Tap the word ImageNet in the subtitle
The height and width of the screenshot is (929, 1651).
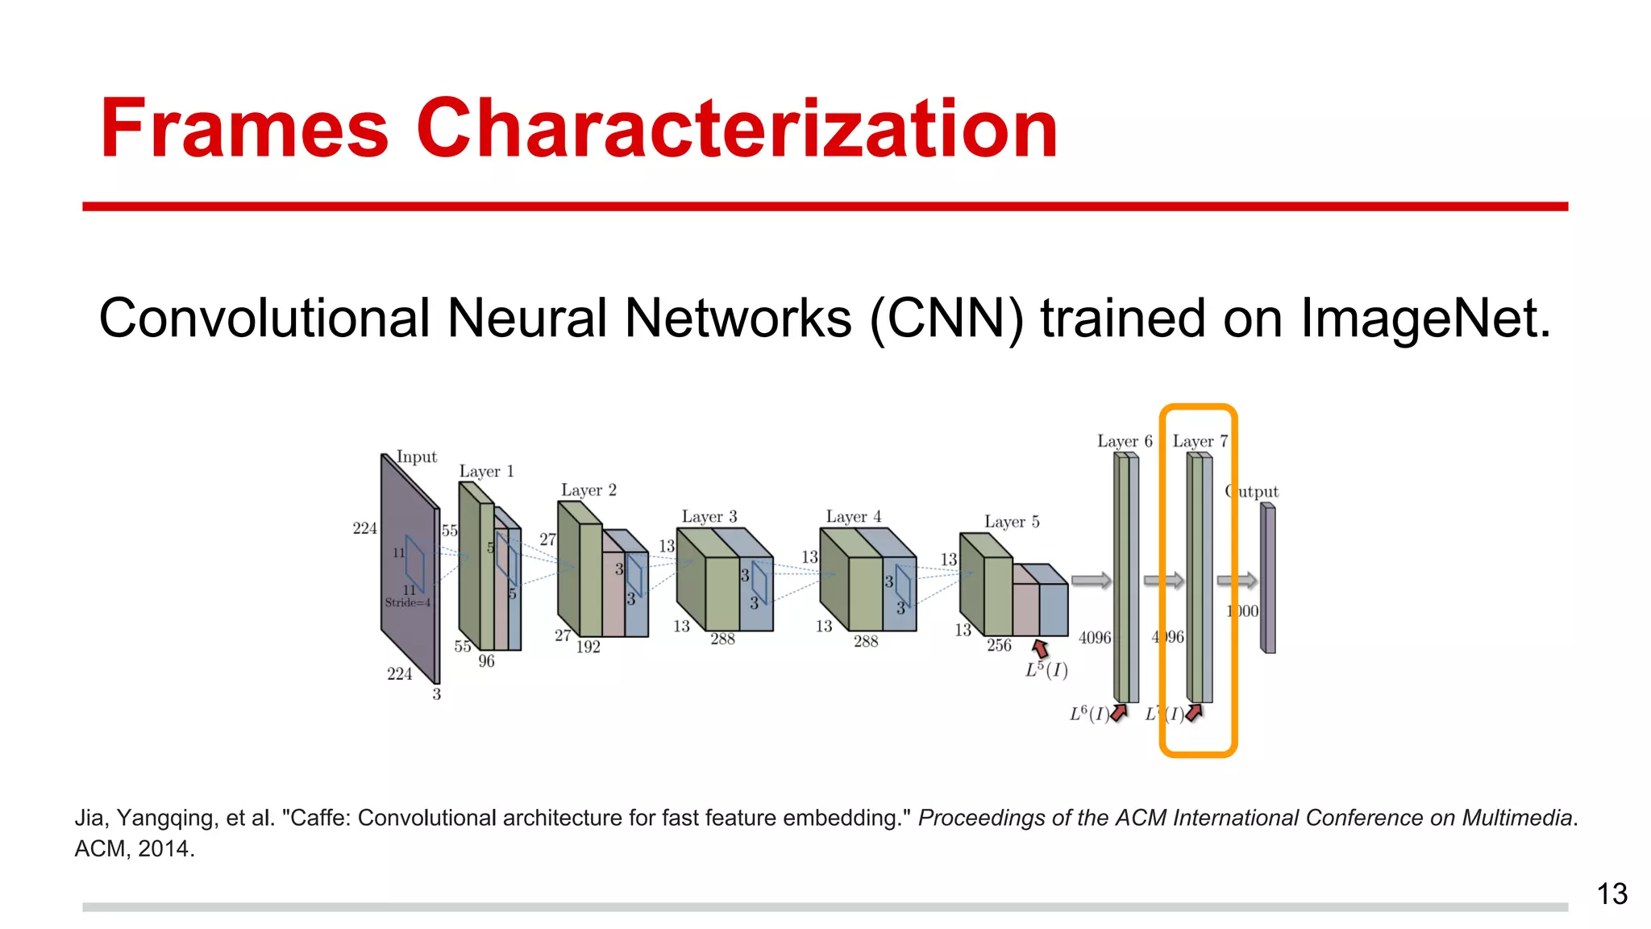point(1424,319)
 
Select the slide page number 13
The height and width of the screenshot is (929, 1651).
point(1611,894)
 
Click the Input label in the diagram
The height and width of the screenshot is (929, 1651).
point(417,457)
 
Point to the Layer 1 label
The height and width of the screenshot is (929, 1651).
point(486,471)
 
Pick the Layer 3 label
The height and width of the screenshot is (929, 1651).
point(709,517)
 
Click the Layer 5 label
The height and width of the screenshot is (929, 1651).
point(1012,522)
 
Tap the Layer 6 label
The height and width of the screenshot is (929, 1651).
point(1125,441)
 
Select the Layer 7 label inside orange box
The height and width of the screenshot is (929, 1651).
point(1200,441)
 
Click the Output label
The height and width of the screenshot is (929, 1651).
point(1252,491)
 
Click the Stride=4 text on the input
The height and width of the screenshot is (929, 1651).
point(408,602)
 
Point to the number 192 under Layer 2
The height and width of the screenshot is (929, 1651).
point(588,647)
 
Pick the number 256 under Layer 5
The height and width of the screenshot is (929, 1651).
point(999,645)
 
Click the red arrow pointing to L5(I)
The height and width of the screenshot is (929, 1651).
point(1041,648)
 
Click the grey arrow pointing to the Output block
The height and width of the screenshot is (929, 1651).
point(1237,580)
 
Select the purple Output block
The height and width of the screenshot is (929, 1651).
point(1268,578)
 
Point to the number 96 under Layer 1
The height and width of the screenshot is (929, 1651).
point(486,661)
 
